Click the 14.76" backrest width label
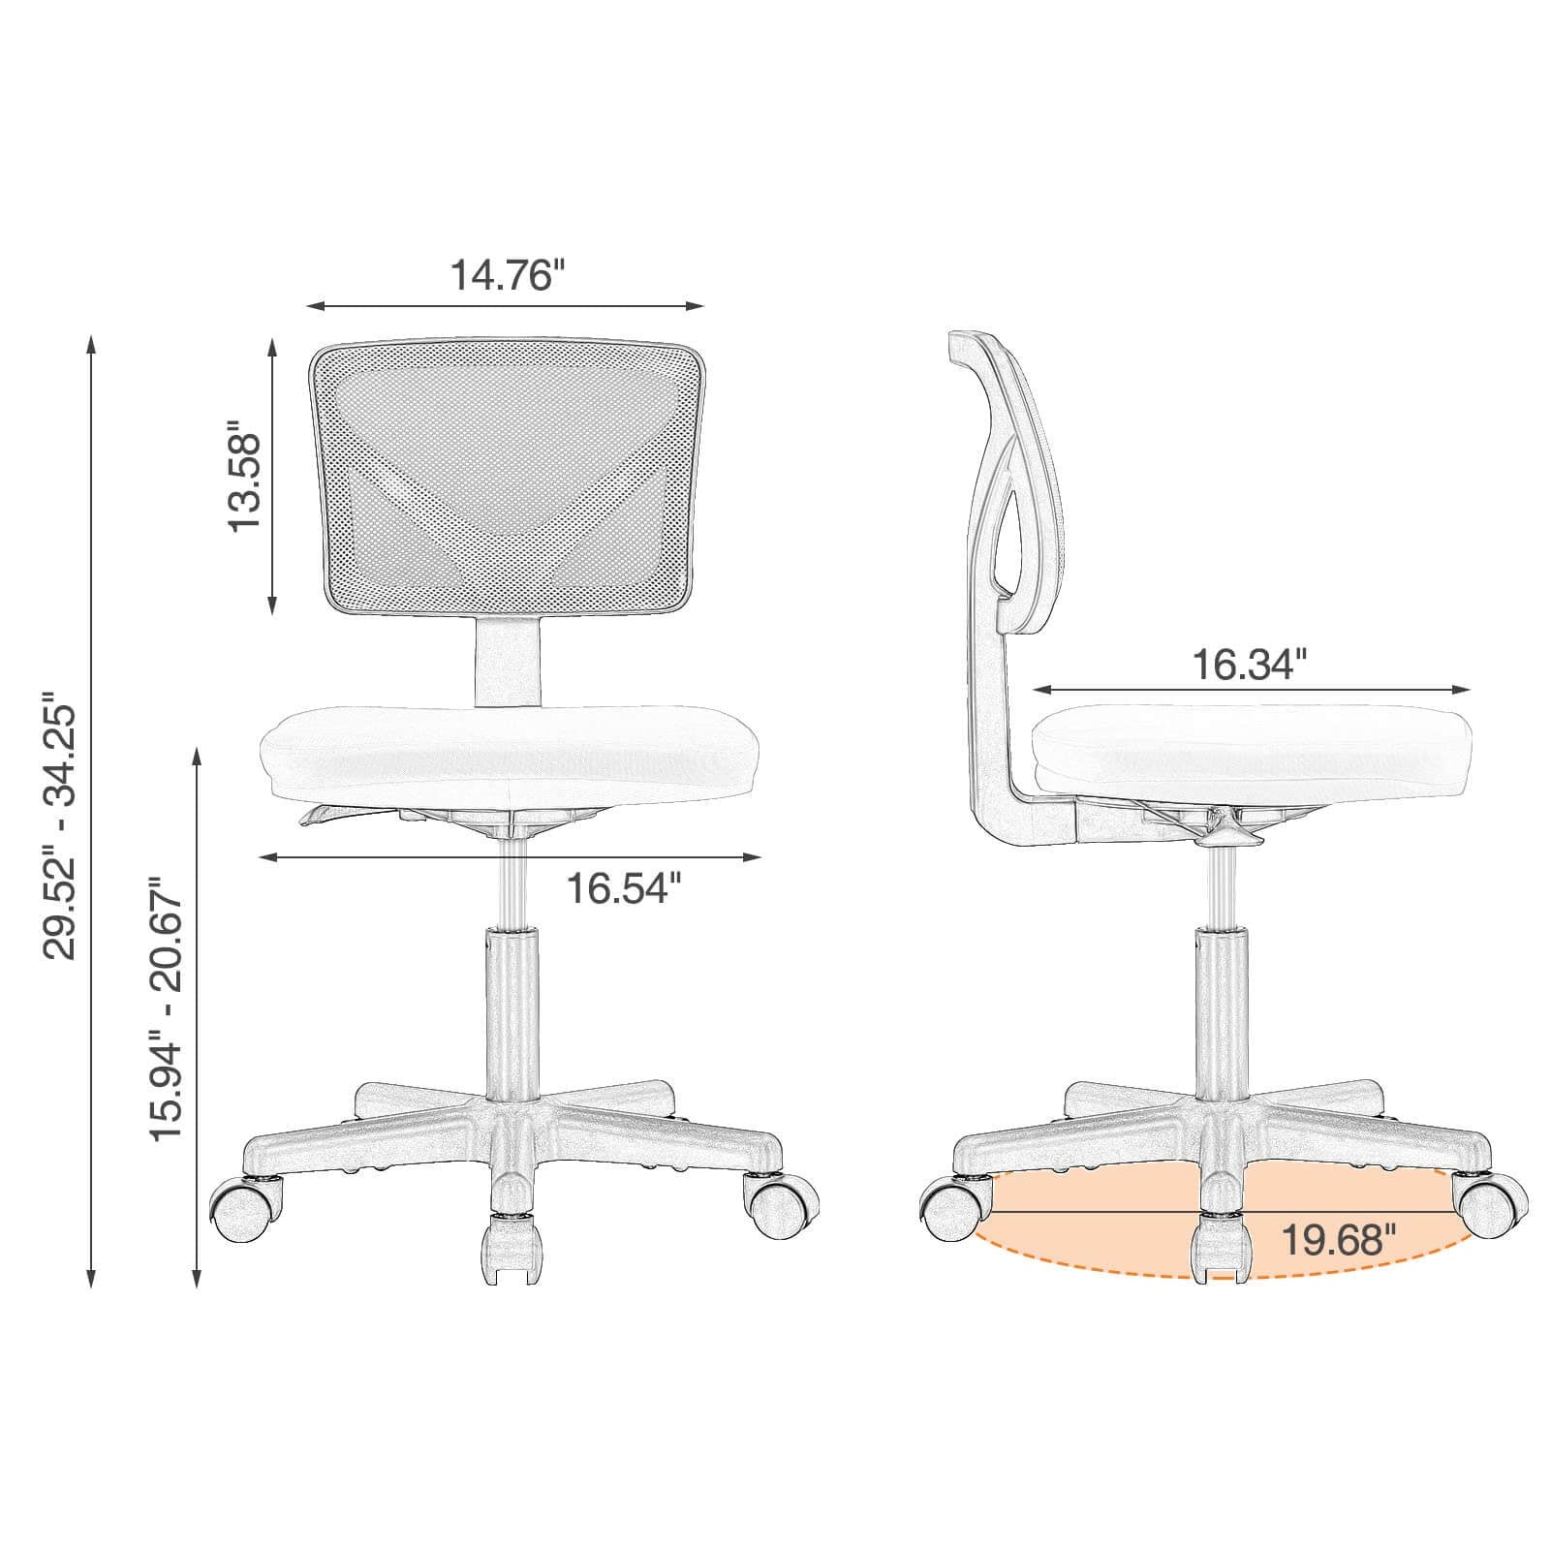pyautogui.click(x=506, y=275)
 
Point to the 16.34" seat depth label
pyautogui.click(x=1249, y=665)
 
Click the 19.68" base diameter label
pyautogui.click(x=1339, y=1239)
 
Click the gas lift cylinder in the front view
pyautogui.click(x=511, y=1007)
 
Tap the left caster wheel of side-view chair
pyautogui.click(x=952, y=1208)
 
